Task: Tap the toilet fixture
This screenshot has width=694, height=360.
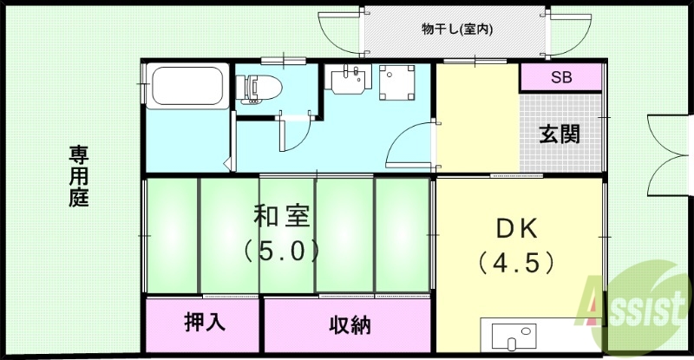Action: click(x=261, y=88)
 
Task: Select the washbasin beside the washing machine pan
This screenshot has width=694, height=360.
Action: click(x=350, y=81)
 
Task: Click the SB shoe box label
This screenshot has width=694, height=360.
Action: click(x=561, y=78)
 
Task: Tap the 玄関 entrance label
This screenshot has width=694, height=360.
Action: click(x=560, y=134)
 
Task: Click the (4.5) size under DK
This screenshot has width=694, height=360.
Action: click(x=517, y=259)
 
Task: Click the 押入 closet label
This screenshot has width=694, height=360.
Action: click(x=205, y=322)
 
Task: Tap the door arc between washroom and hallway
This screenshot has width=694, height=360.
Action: click(x=408, y=143)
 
